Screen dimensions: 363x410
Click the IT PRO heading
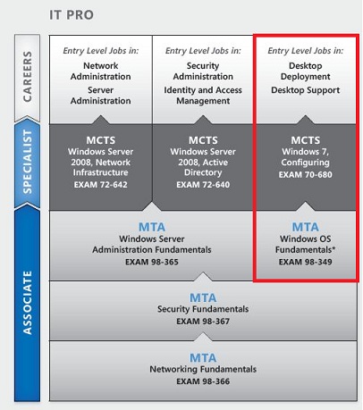(x=72, y=15)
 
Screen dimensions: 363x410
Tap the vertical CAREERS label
(x=28, y=77)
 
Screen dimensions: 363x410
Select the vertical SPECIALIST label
(x=27, y=162)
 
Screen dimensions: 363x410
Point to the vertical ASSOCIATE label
(x=27, y=303)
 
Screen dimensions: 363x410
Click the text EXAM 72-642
(x=101, y=185)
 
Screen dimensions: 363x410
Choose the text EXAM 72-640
(x=203, y=185)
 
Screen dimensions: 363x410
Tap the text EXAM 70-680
(x=306, y=174)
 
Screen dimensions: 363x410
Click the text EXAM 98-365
(x=152, y=262)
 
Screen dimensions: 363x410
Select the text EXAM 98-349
(x=306, y=262)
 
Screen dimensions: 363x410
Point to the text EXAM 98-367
(x=203, y=322)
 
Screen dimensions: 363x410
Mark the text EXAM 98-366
(x=203, y=381)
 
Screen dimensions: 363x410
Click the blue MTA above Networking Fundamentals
(x=203, y=358)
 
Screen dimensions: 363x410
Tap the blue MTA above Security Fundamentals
(x=203, y=297)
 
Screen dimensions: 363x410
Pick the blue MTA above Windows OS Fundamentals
(x=306, y=227)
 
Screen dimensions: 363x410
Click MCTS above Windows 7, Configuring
(x=306, y=140)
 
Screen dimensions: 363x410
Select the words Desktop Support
(x=306, y=90)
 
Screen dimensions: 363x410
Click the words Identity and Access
(x=203, y=90)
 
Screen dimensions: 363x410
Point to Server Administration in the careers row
(x=101, y=96)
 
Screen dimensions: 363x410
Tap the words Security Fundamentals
(x=203, y=309)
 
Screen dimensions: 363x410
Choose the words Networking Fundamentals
(x=203, y=369)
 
